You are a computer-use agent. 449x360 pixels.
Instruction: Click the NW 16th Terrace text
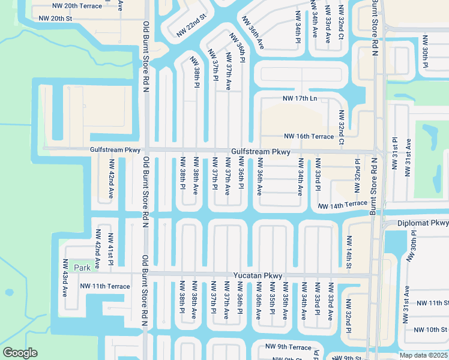pyautogui.click(x=309, y=137)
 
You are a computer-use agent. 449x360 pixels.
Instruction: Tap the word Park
pyautogui.click(x=81, y=268)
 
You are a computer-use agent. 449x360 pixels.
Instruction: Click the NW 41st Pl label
pyautogui.click(x=110, y=250)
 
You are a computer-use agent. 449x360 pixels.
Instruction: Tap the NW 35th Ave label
pyautogui.click(x=286, y=298)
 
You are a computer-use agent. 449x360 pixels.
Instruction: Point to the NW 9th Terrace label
pyautogui.click(x=289, y=347)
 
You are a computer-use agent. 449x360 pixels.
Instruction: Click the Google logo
pyautogui.click(x=20, y=353)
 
